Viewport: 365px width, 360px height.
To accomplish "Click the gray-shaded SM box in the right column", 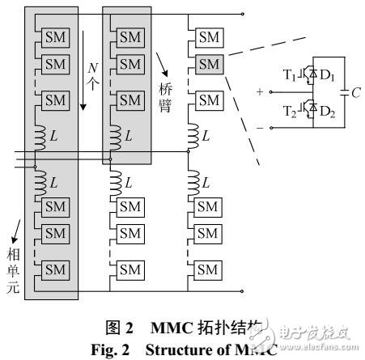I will (x=209, y=61).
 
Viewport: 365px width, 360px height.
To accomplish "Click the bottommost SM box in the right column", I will (x=209, y=268).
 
